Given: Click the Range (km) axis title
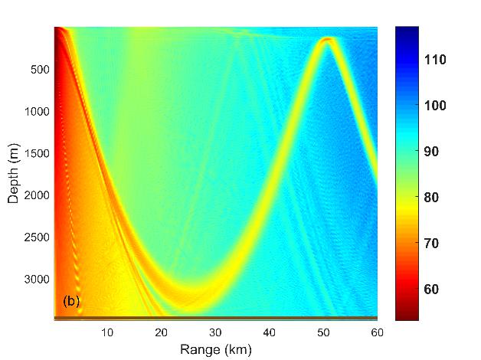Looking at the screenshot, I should [215, 349].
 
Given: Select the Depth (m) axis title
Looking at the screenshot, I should [13, 173].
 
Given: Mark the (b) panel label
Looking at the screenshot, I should [70, 301].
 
